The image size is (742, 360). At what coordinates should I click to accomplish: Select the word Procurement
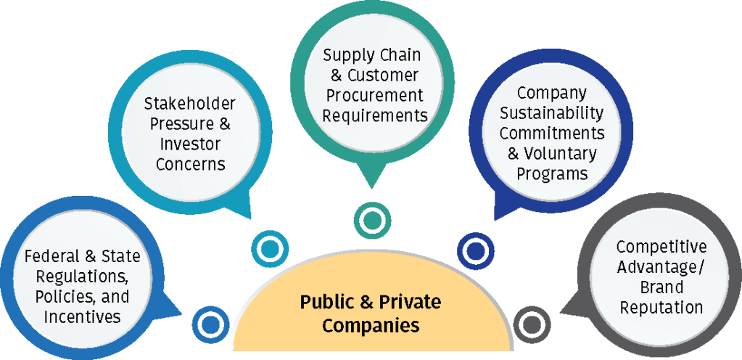[x=372, y=95]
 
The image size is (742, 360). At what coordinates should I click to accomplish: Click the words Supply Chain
[x=372, y=55]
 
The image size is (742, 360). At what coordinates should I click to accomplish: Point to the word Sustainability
[x=552, y=113]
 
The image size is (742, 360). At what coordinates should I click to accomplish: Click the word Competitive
[x=661, y=247]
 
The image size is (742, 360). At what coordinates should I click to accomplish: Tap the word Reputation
[x=661, y=307]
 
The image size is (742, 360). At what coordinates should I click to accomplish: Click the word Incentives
[x=82, y=316]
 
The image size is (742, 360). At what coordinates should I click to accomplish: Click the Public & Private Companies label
[x=371, y=313]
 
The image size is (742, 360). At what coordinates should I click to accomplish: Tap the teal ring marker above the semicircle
[x=372, y=219]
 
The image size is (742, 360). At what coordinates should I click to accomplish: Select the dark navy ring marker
[x=476, y=250]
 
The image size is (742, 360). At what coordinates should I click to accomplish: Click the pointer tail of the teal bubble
[x=371, y=174]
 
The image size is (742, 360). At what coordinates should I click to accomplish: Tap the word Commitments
[x=552, y=134]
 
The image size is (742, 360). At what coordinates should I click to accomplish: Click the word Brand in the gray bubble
[x=661, y=287]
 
